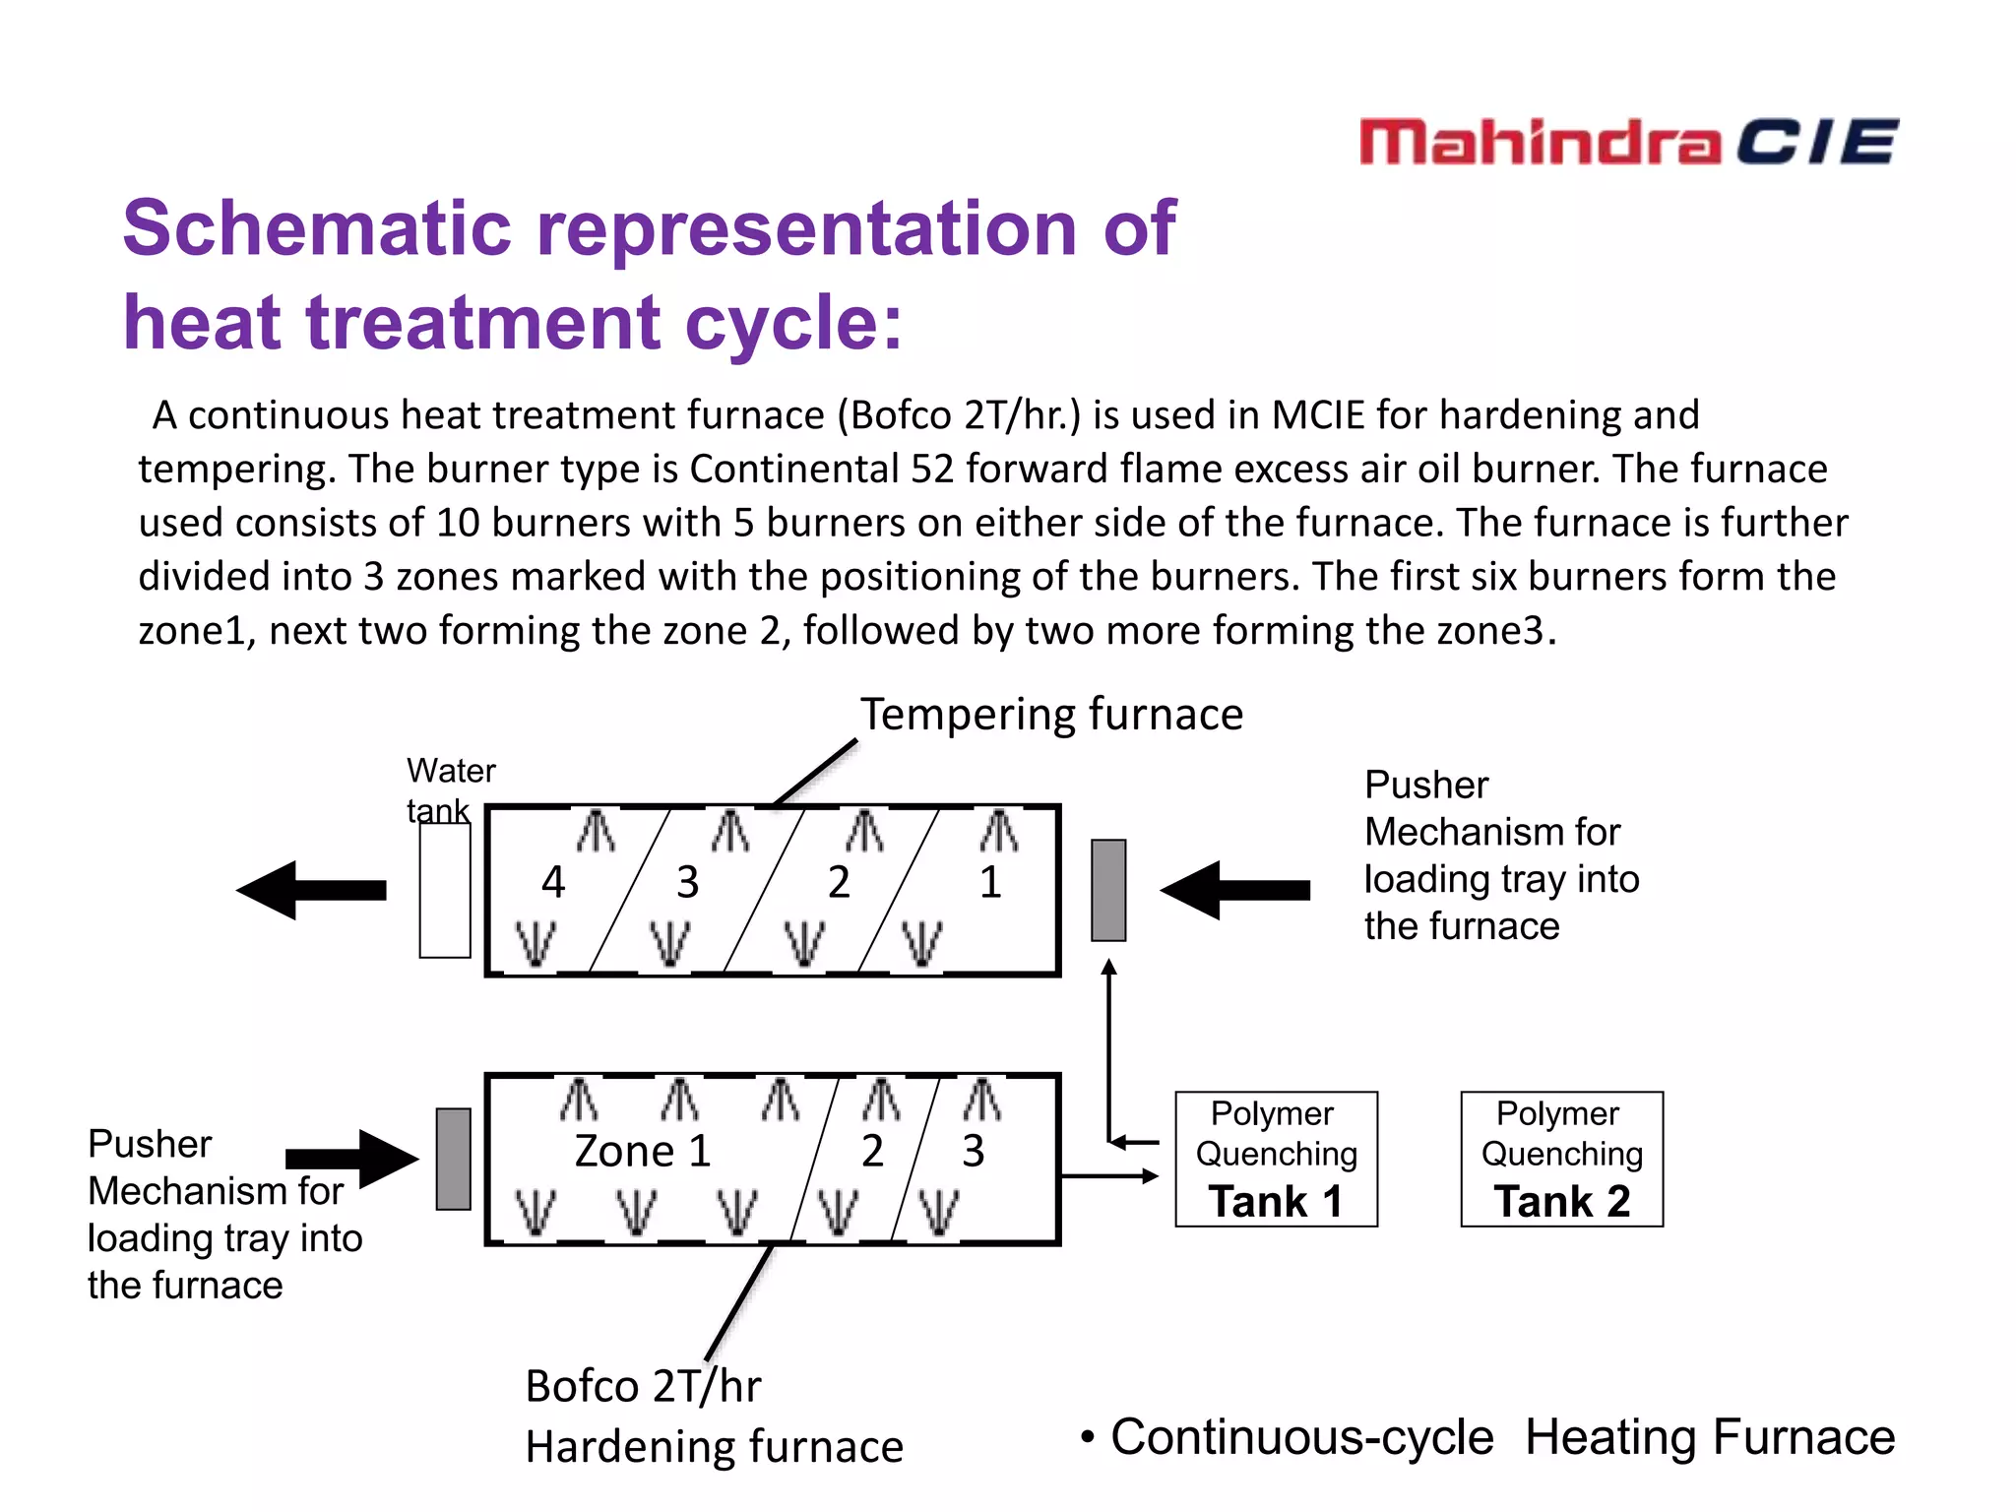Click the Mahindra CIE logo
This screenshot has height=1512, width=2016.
coord(1628,142)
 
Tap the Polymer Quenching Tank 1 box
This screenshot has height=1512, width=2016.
coord(1276,1159)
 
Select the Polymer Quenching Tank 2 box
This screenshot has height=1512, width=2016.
coord(1561,1159)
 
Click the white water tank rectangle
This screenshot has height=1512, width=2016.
coord(445,890)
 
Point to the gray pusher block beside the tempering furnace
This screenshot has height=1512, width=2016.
coord(1108,890)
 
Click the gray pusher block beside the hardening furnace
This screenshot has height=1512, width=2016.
coord(454,1159)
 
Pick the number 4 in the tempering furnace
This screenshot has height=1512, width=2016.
coord(553,882)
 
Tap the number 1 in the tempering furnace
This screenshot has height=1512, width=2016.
coord(990,882)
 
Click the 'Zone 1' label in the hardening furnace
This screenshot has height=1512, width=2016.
coord(643,1151)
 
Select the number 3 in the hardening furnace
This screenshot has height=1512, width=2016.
coord(973,1151)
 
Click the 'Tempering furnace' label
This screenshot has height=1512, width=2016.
coord(1051,714)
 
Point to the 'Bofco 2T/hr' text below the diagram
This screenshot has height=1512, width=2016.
coord(643,1386)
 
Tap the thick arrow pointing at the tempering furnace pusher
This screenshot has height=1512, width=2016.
coord(1234,890)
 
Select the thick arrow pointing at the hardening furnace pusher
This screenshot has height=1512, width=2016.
coord(351,1159)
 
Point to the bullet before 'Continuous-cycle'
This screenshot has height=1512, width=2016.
coord(1087,1438)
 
